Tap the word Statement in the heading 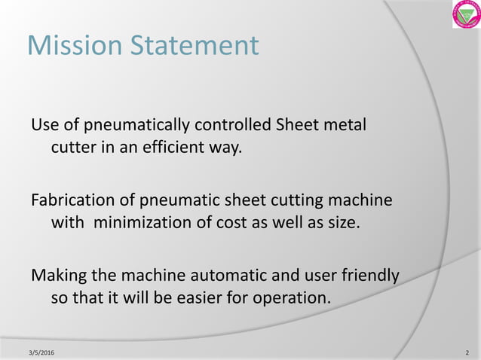(194, 46)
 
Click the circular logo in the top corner (466, 14)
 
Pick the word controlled (235, 124)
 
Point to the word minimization (144, 224)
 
